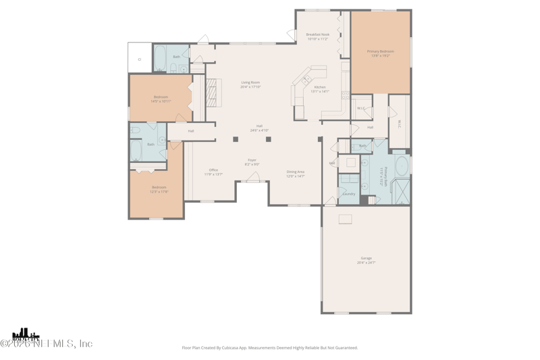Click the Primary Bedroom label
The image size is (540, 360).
381,53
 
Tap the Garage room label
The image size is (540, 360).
367,260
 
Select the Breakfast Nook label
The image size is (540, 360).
317,36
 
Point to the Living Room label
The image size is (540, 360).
250,84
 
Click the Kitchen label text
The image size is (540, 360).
320,88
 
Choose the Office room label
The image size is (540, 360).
213,172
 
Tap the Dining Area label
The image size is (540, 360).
296,174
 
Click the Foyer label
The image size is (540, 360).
252,162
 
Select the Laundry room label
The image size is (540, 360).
348,194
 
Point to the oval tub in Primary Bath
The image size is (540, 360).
402,165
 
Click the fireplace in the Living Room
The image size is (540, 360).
213,93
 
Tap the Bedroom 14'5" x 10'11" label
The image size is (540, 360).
161,99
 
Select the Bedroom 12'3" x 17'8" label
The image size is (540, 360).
159,189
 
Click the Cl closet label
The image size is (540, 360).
140,59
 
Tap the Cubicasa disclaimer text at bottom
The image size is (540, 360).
270,348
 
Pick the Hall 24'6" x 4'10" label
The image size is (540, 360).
259,128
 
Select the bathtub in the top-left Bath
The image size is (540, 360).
161,59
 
